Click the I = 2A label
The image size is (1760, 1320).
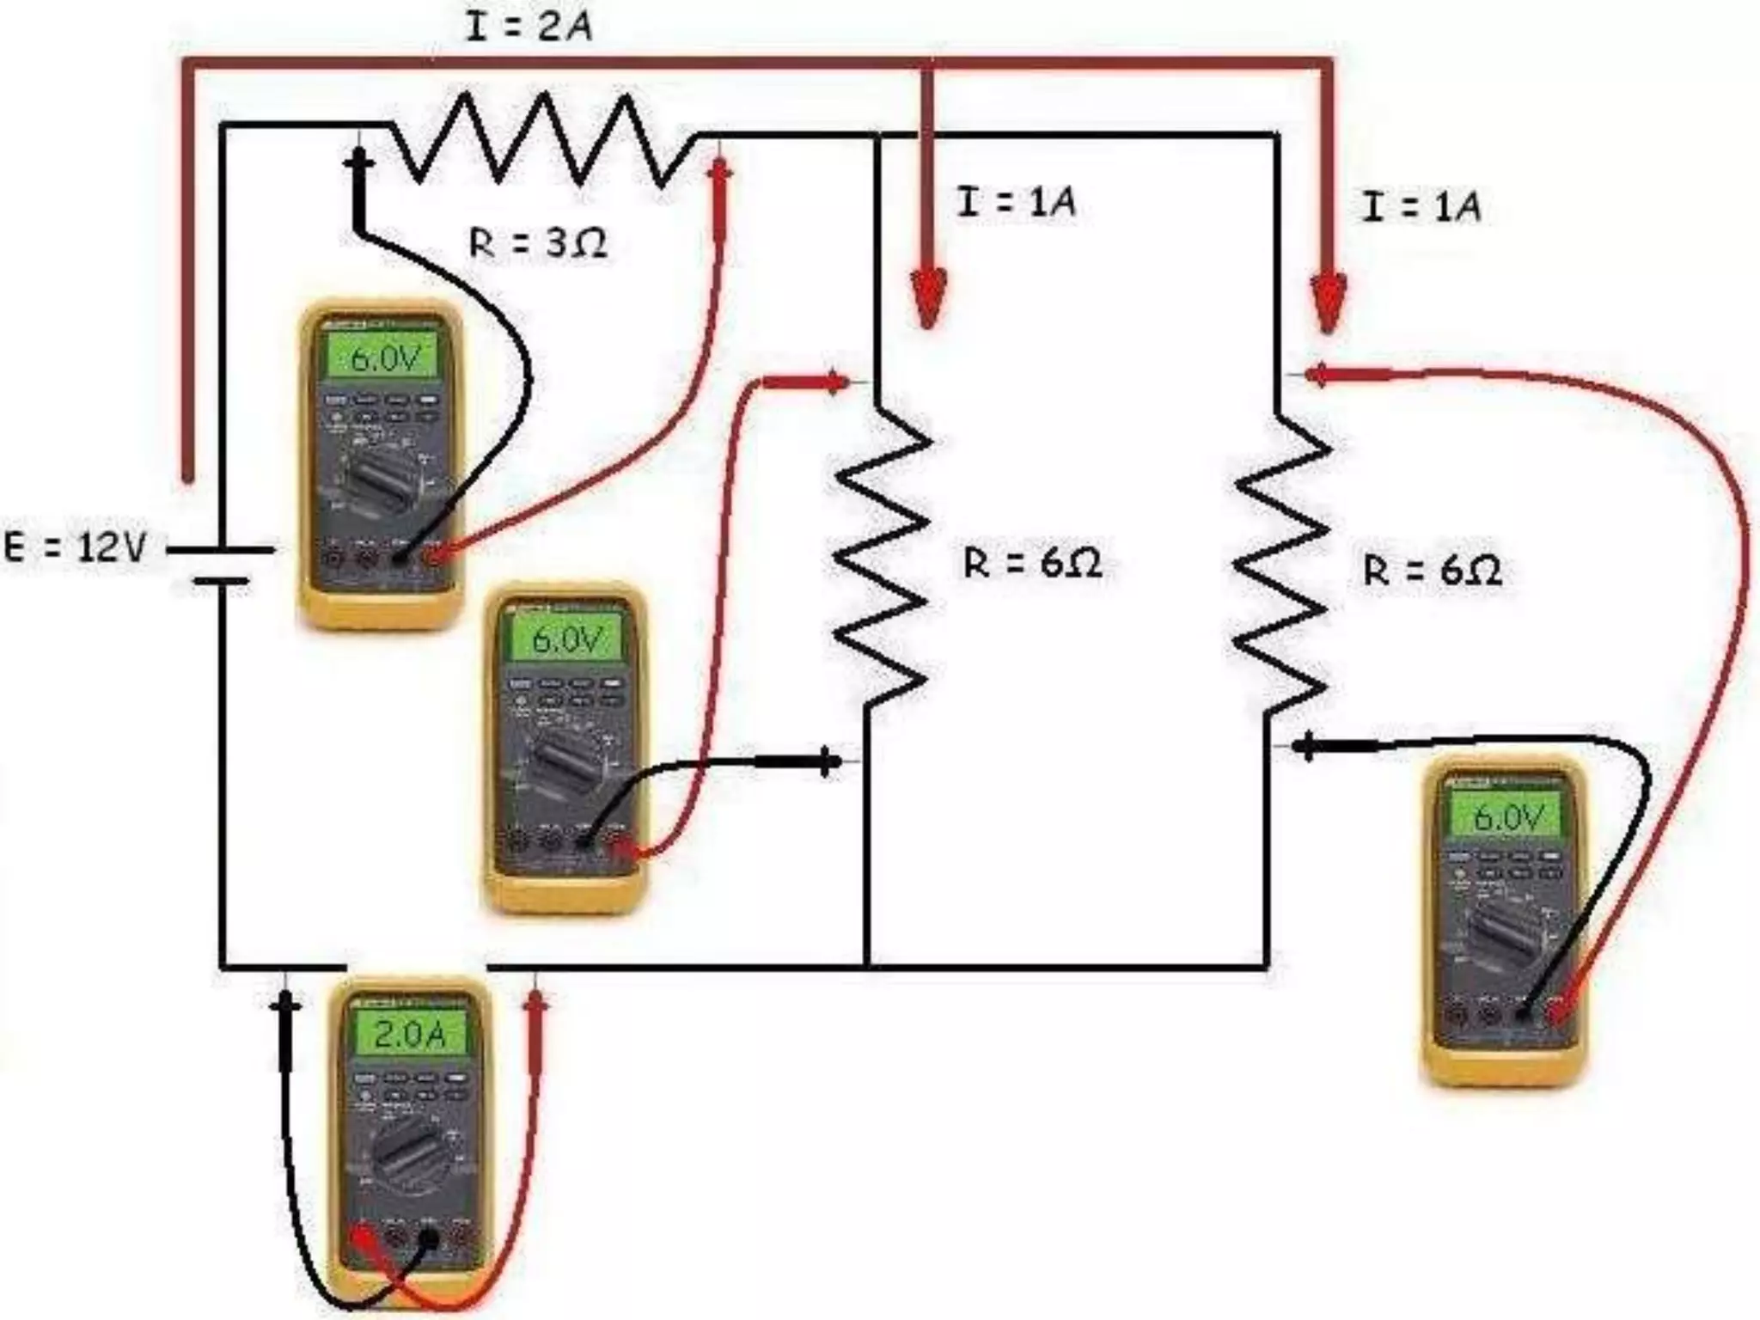pyautogui.click(x=528, y=27)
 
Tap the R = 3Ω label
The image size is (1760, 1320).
pyautogui.click(x=538, y=244)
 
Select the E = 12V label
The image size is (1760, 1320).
pyautogui.click(x=76, y=547)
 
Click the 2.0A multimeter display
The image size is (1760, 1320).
pyautogui.click(x=411, y=1034)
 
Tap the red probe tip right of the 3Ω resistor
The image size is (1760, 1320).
pyautogui.click(x=720, y=170)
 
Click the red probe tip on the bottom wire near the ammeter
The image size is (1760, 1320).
pyautogui.click(x=537, y=1001)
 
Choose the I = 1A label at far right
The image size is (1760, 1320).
pyautogui.click(x=1421, y=207)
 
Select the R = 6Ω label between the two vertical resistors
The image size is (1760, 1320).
pyautogui.click(x=1031, y=564)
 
